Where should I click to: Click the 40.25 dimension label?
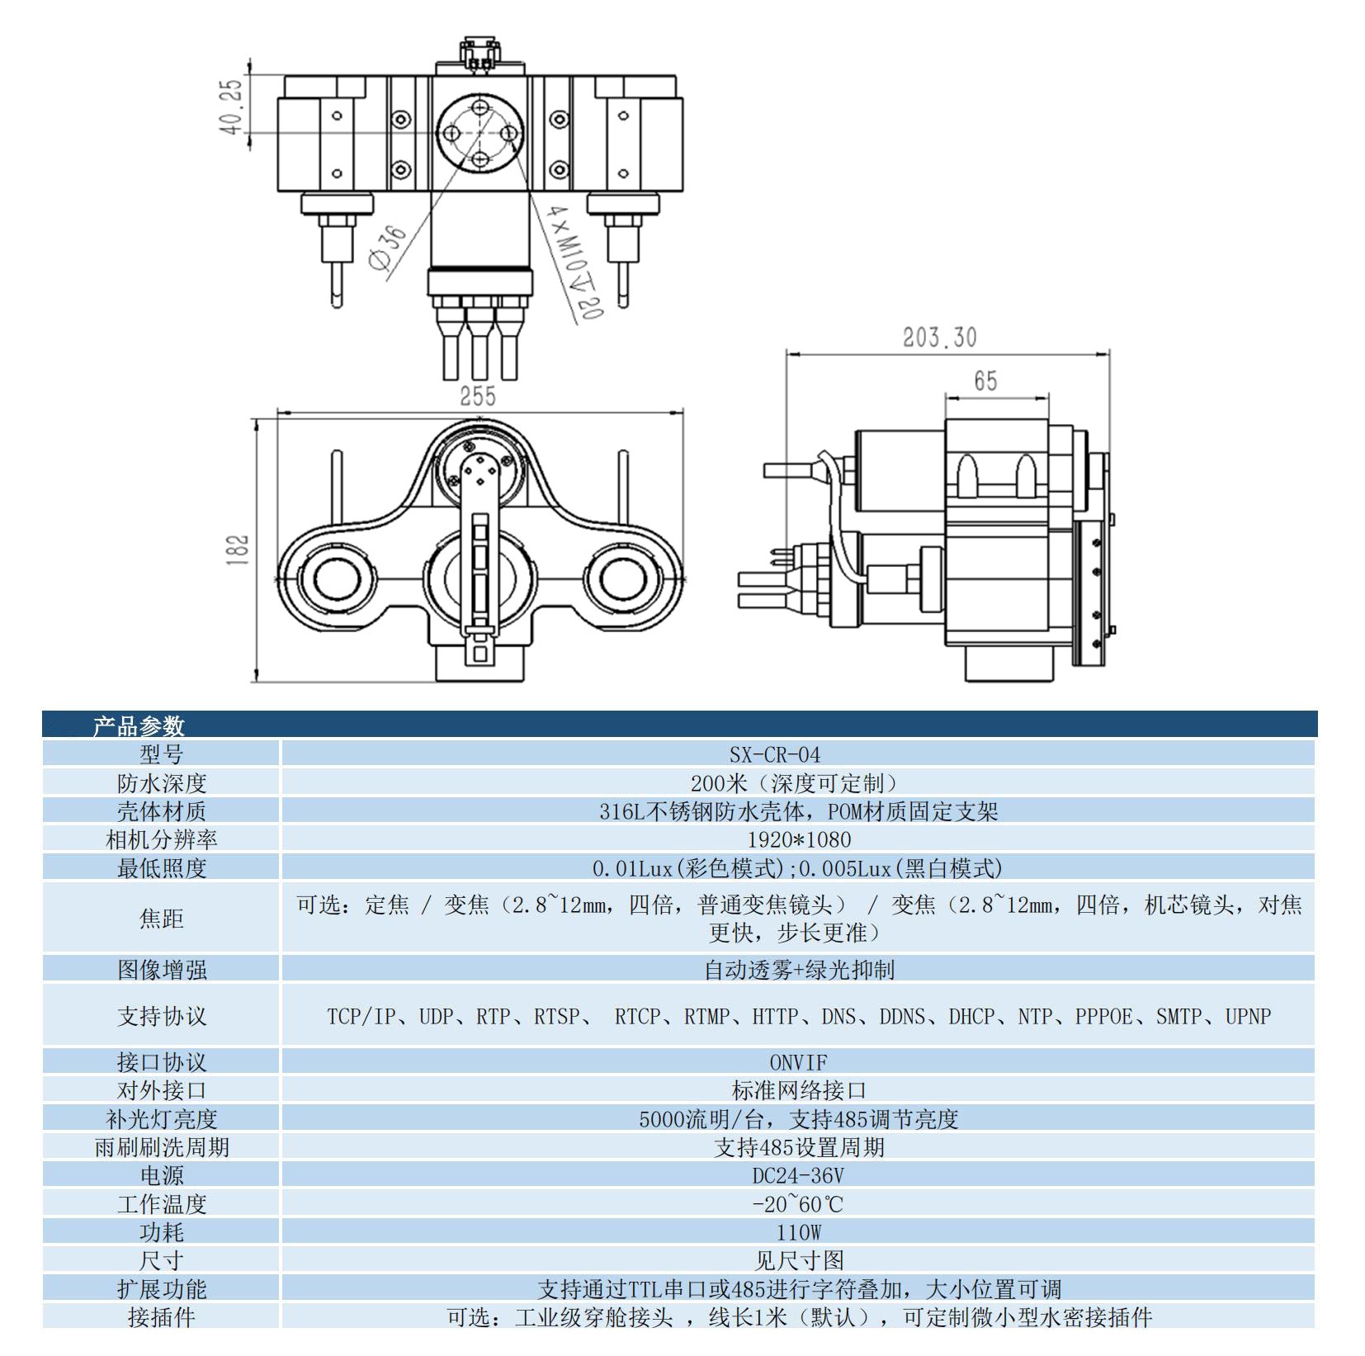point(232,106)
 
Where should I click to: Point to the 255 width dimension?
point(478,396)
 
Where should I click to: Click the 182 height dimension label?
point(238,550)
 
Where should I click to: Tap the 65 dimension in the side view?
point(985,380)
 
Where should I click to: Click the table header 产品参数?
point(138,726)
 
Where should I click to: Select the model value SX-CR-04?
point(797,754)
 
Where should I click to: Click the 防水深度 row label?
point(161,782)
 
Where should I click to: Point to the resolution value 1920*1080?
point(797,839)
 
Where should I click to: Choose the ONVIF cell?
point(797,1062)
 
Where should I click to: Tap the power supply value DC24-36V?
point(797,1175)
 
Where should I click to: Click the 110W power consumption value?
point(797,1232)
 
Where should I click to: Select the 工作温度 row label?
point(161,1204)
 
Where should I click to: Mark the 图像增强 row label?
point(161,970)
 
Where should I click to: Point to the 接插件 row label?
point(161,1317)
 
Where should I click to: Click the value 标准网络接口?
point(797,1090)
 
